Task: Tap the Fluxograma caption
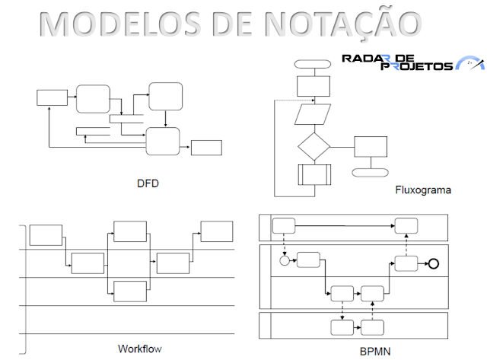(x=423, y=190)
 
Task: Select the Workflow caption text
(x=140, y=349)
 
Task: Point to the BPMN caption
(x=376, y=352)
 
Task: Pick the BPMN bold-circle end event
(x=434, y=263)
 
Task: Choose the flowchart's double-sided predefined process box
(x=314, y=174)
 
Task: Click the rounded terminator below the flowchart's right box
(x=371, y=172)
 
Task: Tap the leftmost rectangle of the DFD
(x=52, y=97)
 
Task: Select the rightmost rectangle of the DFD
(x=206, y=148)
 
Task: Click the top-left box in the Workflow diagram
(x=46, y=235)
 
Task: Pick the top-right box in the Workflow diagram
(x=216, y=231)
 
